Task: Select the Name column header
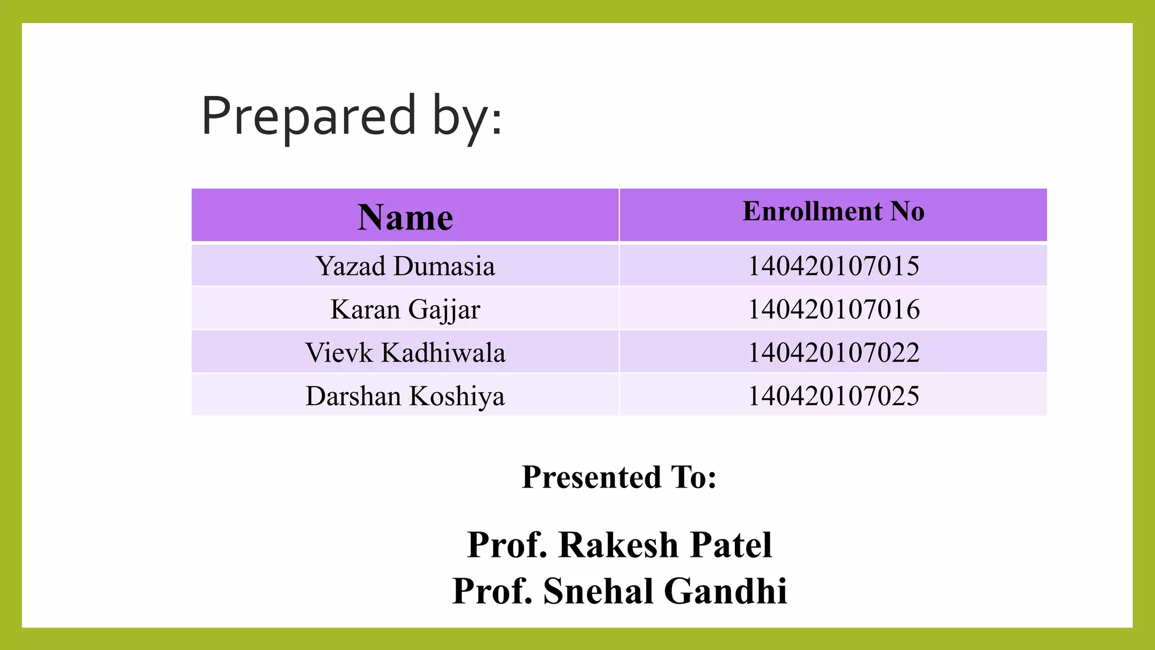pos(405,217)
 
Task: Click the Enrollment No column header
pos(833,212)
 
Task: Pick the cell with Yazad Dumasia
pos(405,266)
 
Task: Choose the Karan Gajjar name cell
pos(405,309)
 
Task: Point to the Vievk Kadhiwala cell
pos(405,353)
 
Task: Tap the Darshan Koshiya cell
pos(405,396)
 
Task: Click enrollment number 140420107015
pos(833,266)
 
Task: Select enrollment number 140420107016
pos(833,309)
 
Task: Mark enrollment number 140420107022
pos(833,353)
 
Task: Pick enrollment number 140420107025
pos(833,396)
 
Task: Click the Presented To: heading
pos(619,477)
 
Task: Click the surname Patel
pos(731,545)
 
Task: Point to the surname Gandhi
pos(725,591)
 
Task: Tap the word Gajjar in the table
pos(444,309)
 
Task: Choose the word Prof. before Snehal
pos(492,591)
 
